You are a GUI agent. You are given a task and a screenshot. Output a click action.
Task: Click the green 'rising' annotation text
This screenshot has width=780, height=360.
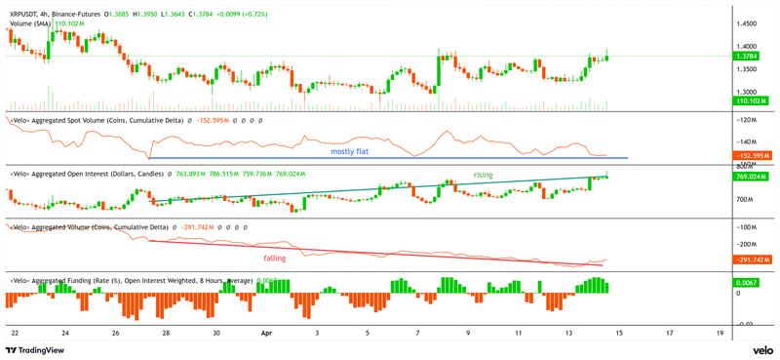tap(484, 175)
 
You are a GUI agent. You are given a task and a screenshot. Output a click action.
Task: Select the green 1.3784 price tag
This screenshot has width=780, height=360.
tap(755, 58)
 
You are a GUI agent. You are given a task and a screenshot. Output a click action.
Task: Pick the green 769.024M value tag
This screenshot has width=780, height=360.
tap(755, 178)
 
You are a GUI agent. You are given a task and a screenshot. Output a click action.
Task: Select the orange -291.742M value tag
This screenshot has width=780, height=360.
tap(755, 260)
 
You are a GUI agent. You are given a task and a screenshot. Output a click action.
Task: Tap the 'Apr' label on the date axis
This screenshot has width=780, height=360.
tap(266, 332)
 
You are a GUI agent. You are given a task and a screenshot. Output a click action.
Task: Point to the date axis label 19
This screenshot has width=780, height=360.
tap(720, 332)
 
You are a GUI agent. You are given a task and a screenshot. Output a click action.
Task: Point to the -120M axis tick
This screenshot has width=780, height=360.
tap(749, 120)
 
